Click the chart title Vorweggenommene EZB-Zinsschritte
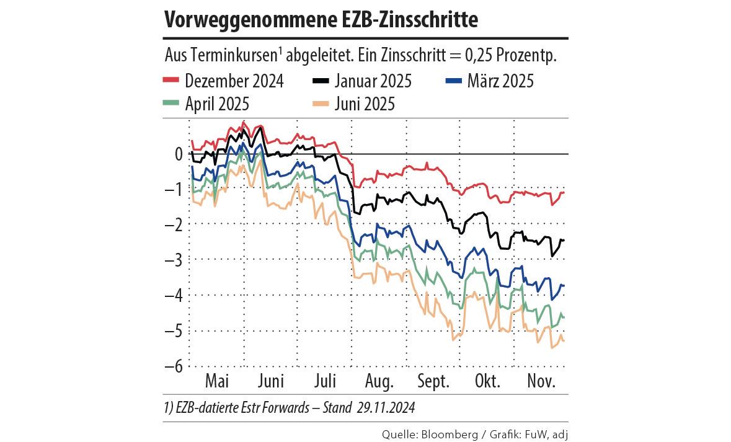(x=321, y=20)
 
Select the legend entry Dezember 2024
(x=234, y=81)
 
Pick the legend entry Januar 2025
(x=373, y=81)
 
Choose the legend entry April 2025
(x=217, y=104)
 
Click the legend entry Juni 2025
(x=364, y=104)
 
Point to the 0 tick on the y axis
(x=179, y=154)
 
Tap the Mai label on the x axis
(x=217, y=381)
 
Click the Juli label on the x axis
(x=326, y=381)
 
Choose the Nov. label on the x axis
(x=541, y=381)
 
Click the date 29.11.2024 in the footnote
(x=386, y=409)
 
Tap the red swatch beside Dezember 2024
(x=171, y=81)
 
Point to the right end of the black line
(x=565, y=240)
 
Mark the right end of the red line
(x=565, y=193)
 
